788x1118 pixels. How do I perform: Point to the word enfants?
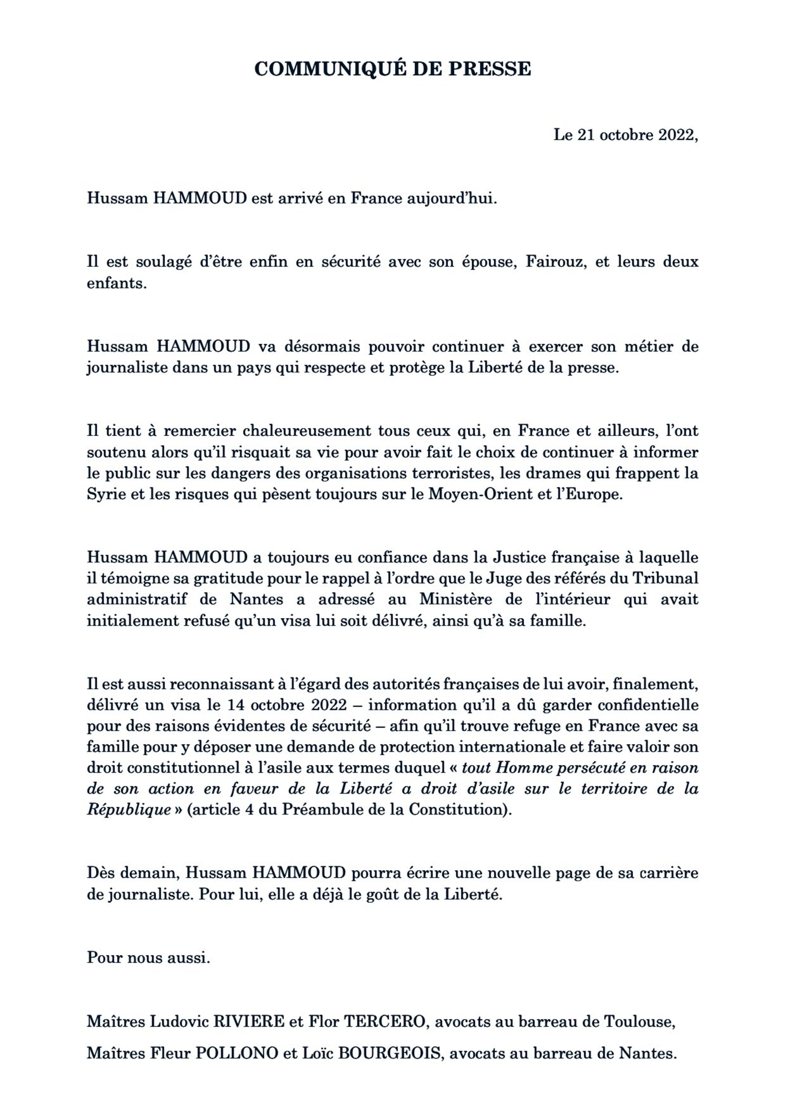tap(117, 283)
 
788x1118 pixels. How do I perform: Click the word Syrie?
tap(103, 495)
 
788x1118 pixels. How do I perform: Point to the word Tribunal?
tap(665, 578)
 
